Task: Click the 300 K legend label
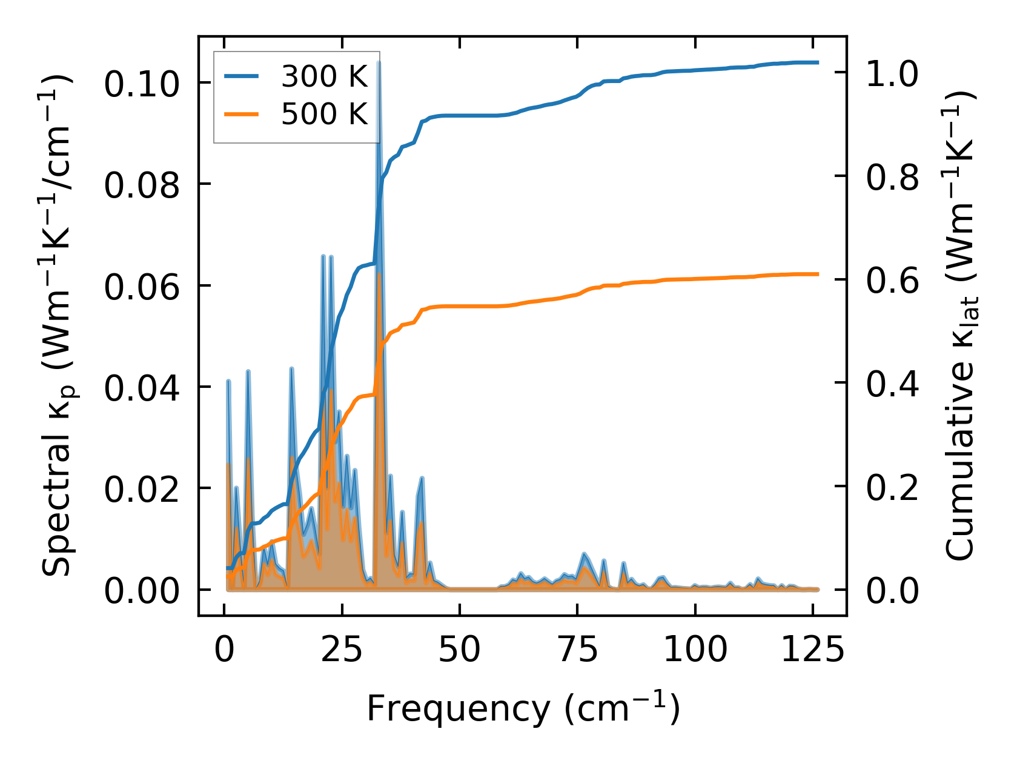(324, 76)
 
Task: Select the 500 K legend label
(324, 114)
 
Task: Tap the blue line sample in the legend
(242, 76)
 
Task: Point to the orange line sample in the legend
(242, 114)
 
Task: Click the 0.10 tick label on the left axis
(142, 84)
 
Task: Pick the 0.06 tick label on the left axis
(142, 286)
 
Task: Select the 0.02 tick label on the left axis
(142, 488)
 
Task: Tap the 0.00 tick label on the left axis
(142, 590)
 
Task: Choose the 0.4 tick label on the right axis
(892, 384)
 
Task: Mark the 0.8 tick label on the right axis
(892, 177)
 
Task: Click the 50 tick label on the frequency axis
(460, 650)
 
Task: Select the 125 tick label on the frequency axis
(812, 650)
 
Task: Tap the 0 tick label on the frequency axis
(225, 650)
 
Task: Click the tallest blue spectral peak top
(379, 62)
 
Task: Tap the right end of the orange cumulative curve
(818, 274)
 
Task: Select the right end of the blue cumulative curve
(818, 62)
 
